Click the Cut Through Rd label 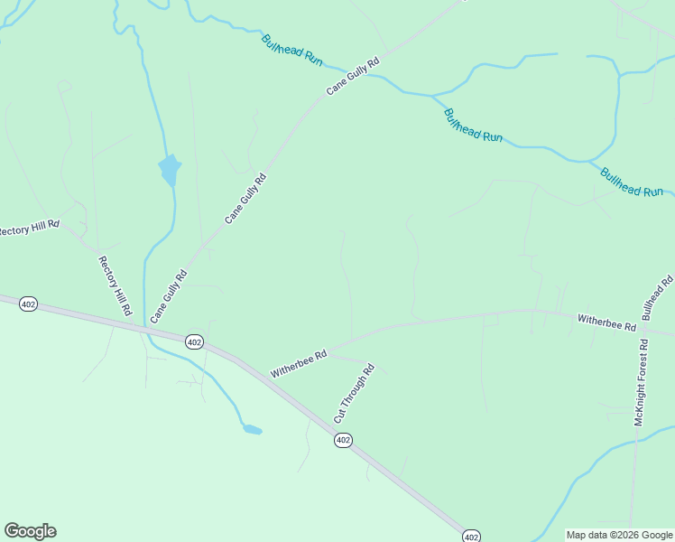[x=354, y=394]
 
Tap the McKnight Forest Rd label [x=642, y=382]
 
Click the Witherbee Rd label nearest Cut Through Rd [x=298, y=365]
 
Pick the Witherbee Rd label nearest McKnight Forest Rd [x=606, y=322]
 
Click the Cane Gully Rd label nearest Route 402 [x=169, y=296]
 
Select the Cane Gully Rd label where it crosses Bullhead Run [x=352, y=78]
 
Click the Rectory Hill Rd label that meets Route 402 [x=116, y=285]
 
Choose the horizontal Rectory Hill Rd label [x=29, y=228]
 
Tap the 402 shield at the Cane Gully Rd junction [x=194, y=341]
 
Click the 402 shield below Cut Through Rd [x=342, y=440]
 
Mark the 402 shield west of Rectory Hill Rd [x=28, y=305]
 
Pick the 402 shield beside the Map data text [x=471, y=536]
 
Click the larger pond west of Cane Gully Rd [x=169, y=169]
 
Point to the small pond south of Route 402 [x=252, y=429]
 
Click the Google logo [x=30, y=531]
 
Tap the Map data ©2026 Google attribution [x=620, y=535]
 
